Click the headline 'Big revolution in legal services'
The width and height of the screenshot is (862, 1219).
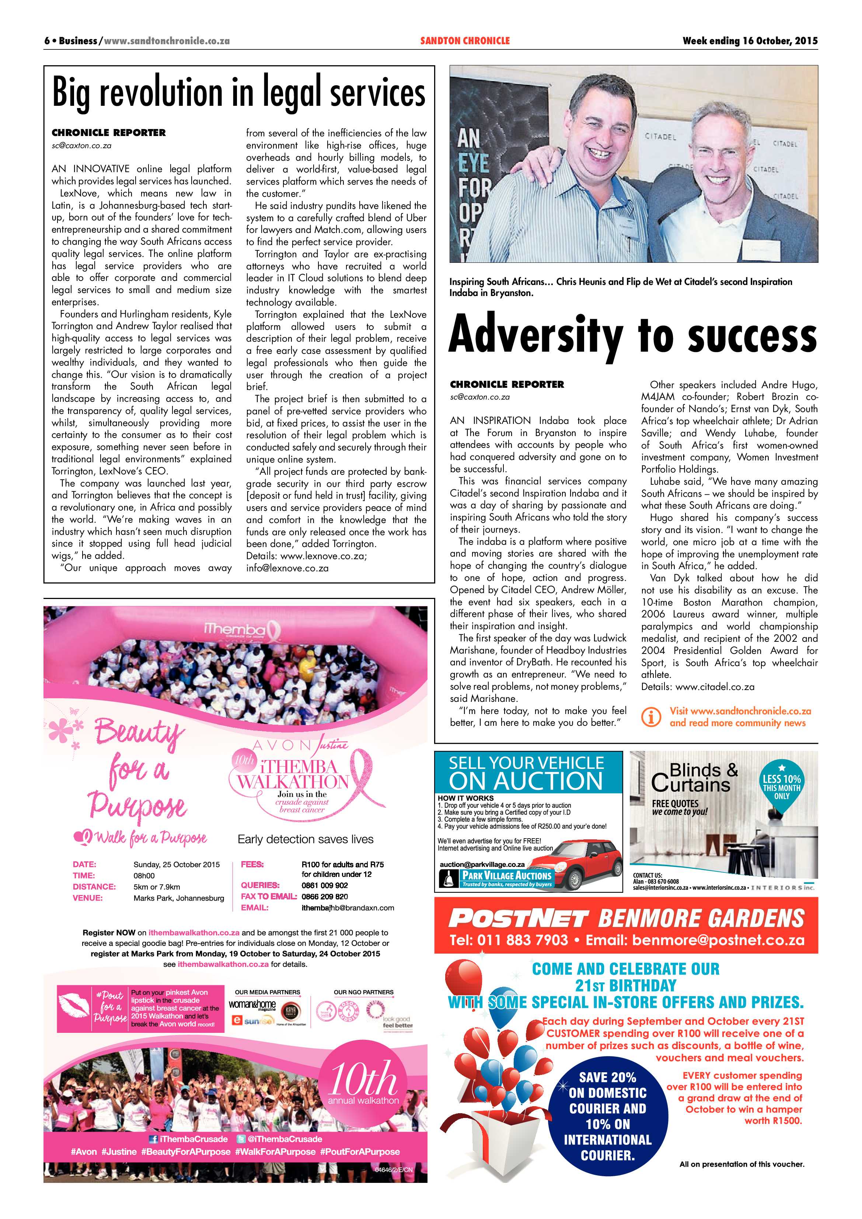[239, 93]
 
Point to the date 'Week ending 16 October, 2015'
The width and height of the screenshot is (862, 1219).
[750, 41]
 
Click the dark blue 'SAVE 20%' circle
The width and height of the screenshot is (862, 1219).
[607, 1115]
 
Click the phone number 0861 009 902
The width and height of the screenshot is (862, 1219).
[325, 885]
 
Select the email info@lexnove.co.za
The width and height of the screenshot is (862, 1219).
[287, 568]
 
